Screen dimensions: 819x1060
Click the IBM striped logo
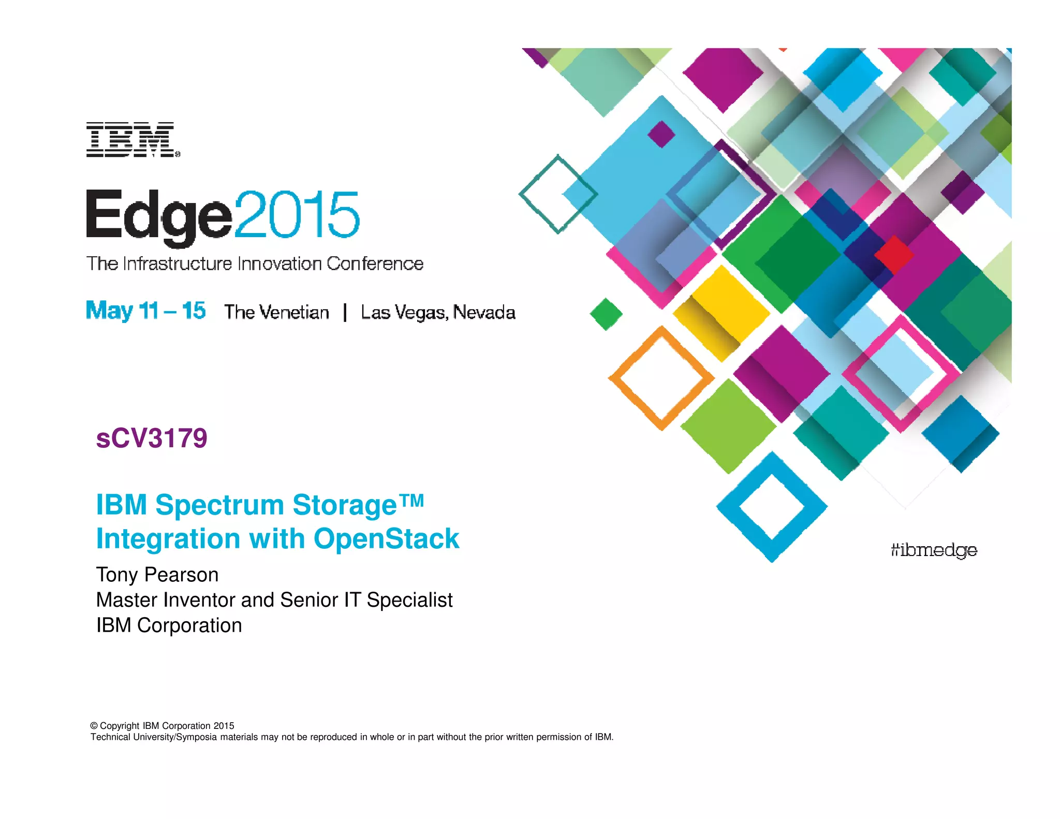(x=132, y=140)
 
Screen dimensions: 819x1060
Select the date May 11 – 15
(x=145, y=311)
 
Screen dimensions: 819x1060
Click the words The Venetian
(x=276, y=312)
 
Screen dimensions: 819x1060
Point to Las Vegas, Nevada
(x=438, y=312)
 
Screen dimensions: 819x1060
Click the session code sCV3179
(x=152, y=438)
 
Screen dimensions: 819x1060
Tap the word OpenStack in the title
(x=386, y=538)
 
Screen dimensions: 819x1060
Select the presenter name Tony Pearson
(x=157, y=575)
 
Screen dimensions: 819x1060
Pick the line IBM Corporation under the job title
(x=169, y=625)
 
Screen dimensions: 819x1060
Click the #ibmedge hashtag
(x=934, y=550)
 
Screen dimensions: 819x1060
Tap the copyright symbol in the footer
(x=94, y=726)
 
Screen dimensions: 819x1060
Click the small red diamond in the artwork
(x=894, y=255)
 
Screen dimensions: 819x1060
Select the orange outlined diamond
(x=661, y=378)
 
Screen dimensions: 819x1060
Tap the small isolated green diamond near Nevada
(x=606, y=314)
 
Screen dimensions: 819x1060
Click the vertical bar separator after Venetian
(x=345, y=312)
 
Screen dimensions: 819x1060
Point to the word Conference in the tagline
(x=375, y=264)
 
